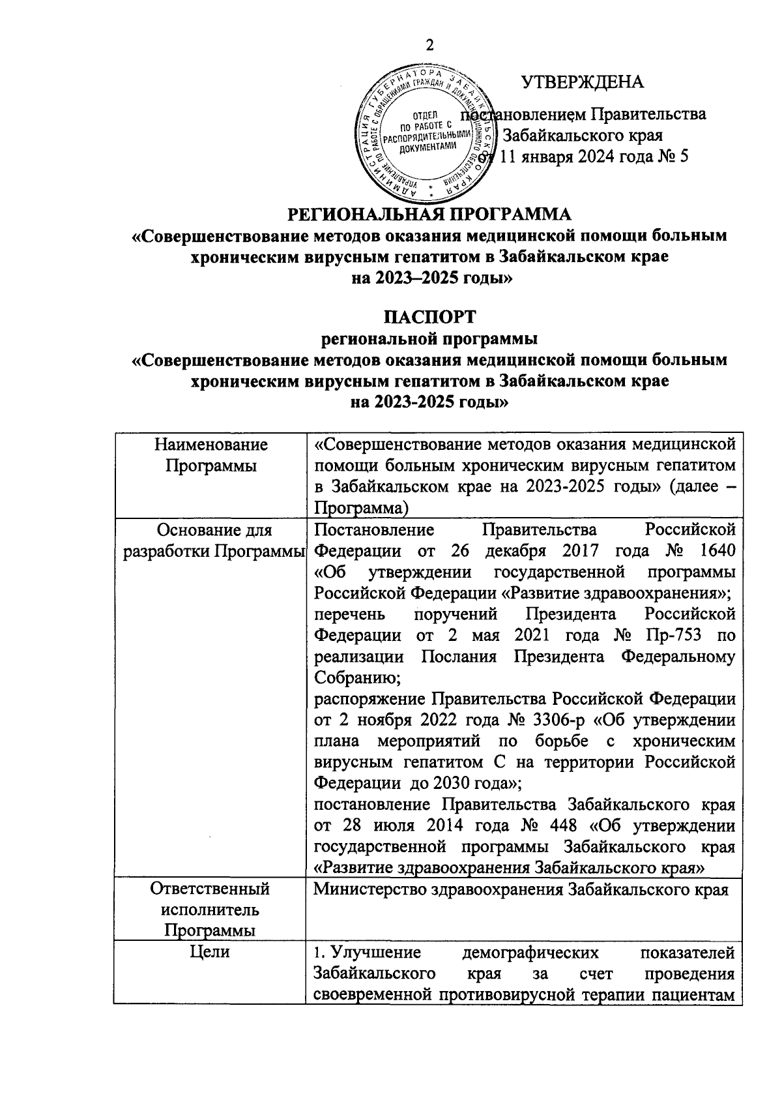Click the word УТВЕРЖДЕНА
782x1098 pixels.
tap(582, 82)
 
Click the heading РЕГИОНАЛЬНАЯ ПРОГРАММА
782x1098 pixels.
tap(429, 214)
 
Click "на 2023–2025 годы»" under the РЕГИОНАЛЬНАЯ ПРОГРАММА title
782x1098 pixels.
tap(429, 278)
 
